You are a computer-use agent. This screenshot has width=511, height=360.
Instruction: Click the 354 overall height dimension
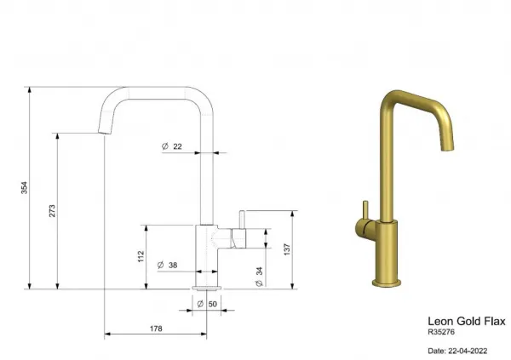tap(25, 187)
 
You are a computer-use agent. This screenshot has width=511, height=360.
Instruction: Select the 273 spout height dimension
tap(52, 211)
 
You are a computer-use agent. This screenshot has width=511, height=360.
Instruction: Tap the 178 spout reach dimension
tap(156, 329)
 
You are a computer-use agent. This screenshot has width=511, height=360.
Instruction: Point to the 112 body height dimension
tap(141, 256)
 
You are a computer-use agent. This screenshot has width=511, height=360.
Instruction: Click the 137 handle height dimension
tap(287, 249)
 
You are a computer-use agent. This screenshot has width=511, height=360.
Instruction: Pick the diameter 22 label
tap(172, 146)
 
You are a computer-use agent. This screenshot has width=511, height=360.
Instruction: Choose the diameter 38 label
tap(168, 265)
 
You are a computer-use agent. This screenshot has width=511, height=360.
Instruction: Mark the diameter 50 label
tap(207, 304)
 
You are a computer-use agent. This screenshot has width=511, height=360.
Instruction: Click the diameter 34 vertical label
tap(260, 277)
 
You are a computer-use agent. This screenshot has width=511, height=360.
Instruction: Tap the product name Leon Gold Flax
tap(467, 321)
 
